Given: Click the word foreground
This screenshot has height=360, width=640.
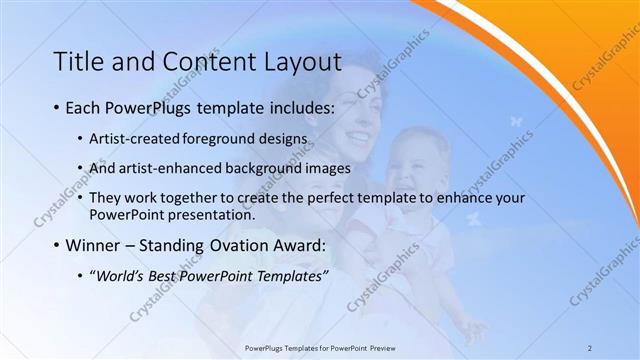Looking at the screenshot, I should (227, 138).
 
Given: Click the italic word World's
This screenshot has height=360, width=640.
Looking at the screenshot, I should (123, 275).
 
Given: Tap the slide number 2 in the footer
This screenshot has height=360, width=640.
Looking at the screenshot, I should (590, 348).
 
